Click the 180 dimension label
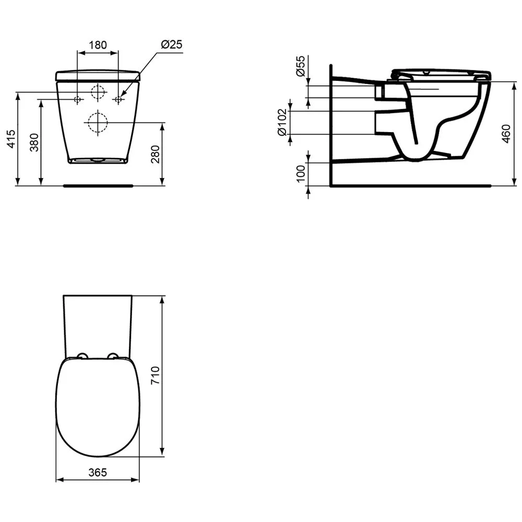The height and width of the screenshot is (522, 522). (x=98, y=44)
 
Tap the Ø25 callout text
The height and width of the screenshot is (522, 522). (x=172, y=44)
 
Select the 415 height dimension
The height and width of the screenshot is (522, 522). (x=11, y=139)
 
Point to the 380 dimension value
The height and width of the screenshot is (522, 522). (x=34, y=142)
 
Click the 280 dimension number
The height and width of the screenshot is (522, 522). (x=156, y=154)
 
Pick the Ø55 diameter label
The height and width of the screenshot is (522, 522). (x=301, y=66)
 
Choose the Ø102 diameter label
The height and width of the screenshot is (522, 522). (x=282, y=122)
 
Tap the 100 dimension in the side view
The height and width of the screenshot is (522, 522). (x=301, y=173)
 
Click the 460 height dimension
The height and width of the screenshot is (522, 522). (x=506, y=134)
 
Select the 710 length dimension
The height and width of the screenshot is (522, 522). (x=156, y=375)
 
